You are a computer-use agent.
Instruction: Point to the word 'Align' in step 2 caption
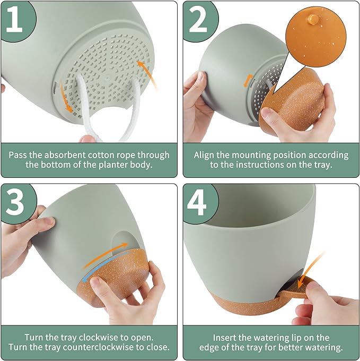pyautogui.click(x=205, y=155)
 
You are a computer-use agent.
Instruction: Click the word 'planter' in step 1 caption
pyautogui.click(x=104, y=165)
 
